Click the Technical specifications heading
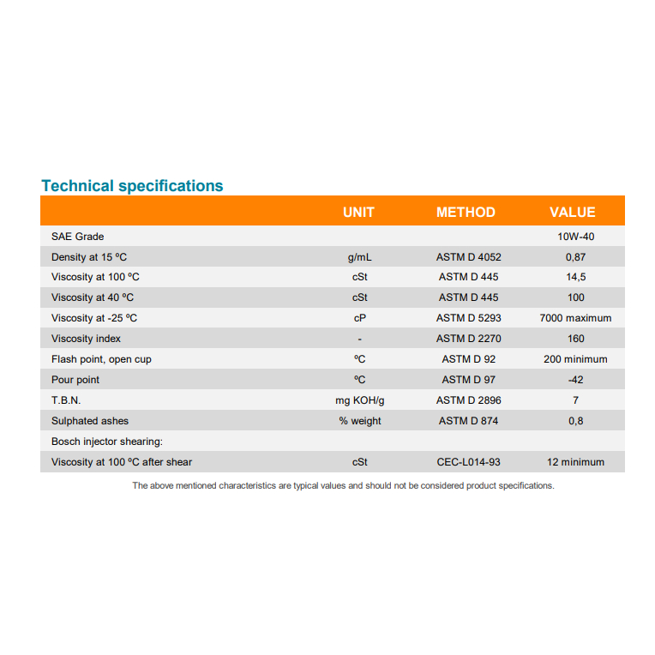coord(132,186)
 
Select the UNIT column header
coord(358,213)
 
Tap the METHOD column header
coord(466,213)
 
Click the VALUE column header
coord(572,213)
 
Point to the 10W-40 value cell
coord(575,237)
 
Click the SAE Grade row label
coord(77,237)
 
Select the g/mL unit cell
coord(360,257)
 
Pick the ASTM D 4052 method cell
coord(468,257)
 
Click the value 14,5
coord(575,277)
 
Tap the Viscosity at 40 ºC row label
coord(93,297)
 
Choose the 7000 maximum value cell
coord(575,318)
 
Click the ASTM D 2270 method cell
coord(468,339)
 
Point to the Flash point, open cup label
coord(101,359)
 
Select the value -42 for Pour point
coord(575,380)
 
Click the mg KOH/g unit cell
coord(360,400)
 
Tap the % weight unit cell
coord(360,421)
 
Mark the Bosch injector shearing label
coord(107,442)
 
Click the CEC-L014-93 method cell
coord(468,462)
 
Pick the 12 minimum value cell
coord(575,462)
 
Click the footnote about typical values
coord(343,485)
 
